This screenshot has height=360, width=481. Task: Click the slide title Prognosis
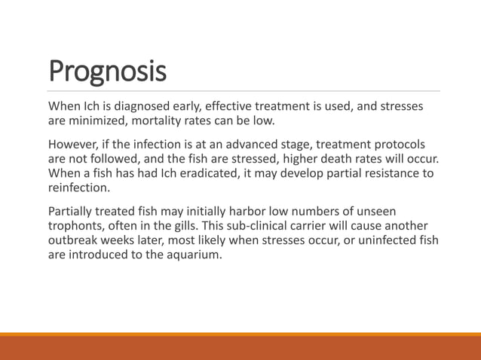(x=107, y=72)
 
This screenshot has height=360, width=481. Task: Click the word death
(x=366, y=159)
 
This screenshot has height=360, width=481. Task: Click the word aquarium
(x=195, y=255)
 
